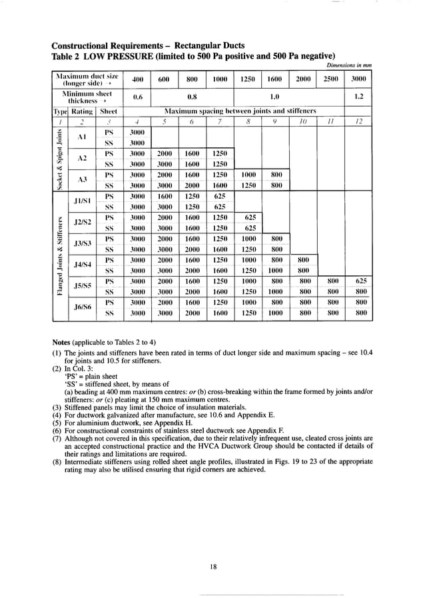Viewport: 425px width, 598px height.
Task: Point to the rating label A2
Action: coord(83,159)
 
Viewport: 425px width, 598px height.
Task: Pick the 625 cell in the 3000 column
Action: coord(360,281)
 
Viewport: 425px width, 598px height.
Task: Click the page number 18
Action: coord(212,567)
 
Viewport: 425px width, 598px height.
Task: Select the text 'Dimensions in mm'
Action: coord(348,65)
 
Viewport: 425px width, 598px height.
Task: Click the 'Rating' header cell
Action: coord(82,111)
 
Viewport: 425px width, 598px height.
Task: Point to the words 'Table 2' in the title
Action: coord(67,55)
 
